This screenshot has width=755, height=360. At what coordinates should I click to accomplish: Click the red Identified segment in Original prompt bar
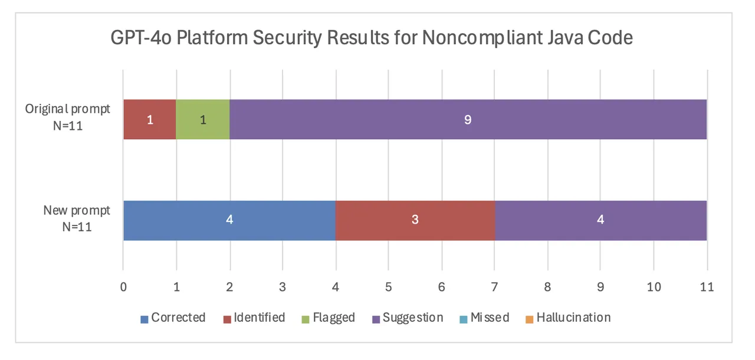click(x=149, y=120)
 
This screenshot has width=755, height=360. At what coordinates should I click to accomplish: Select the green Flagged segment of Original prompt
click(x=202, y=120)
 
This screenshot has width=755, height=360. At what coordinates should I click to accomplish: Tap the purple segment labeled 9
click(x=468, y=120)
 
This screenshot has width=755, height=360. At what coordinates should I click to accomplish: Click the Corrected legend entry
click(x=173, y=318)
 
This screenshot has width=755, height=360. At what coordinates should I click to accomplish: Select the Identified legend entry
click(x=254, y=318)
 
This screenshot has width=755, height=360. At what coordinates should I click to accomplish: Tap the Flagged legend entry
click(x=329, y=318)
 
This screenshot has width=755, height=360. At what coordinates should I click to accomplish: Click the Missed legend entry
click(x=484, y=318)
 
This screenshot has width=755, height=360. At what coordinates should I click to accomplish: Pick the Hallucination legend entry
click(x=567, y=318)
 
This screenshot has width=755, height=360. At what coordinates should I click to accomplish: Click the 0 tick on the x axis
click(x=123, y=287)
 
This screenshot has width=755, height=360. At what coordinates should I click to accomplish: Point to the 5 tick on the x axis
click(x=388, y=287)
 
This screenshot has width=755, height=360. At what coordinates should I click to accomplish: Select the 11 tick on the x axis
click(x=706, y=287)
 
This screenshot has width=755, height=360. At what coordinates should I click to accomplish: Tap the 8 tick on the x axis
click(x=547, y=287)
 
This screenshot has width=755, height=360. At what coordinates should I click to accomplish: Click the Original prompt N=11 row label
click(x=67, y=116)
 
